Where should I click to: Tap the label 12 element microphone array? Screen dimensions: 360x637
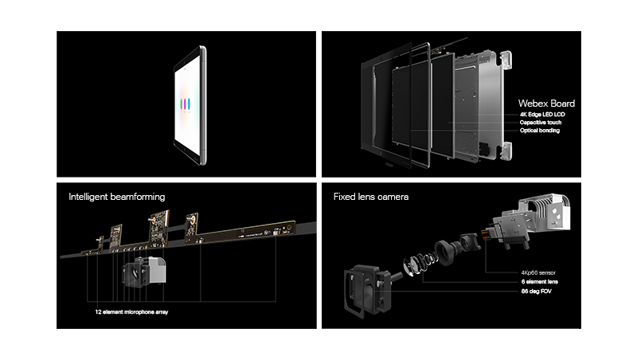click(131, 312)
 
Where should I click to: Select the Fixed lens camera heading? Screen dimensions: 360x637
click(371, 196)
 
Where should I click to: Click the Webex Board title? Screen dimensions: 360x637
click(546, 104)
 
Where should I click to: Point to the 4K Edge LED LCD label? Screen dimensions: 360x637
click(541, 115)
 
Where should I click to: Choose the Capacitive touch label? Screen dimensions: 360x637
click(540, 123)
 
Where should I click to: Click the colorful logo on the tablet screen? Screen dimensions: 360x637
click(186, 104)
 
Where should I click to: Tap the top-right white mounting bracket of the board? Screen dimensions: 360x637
click(505, 61)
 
